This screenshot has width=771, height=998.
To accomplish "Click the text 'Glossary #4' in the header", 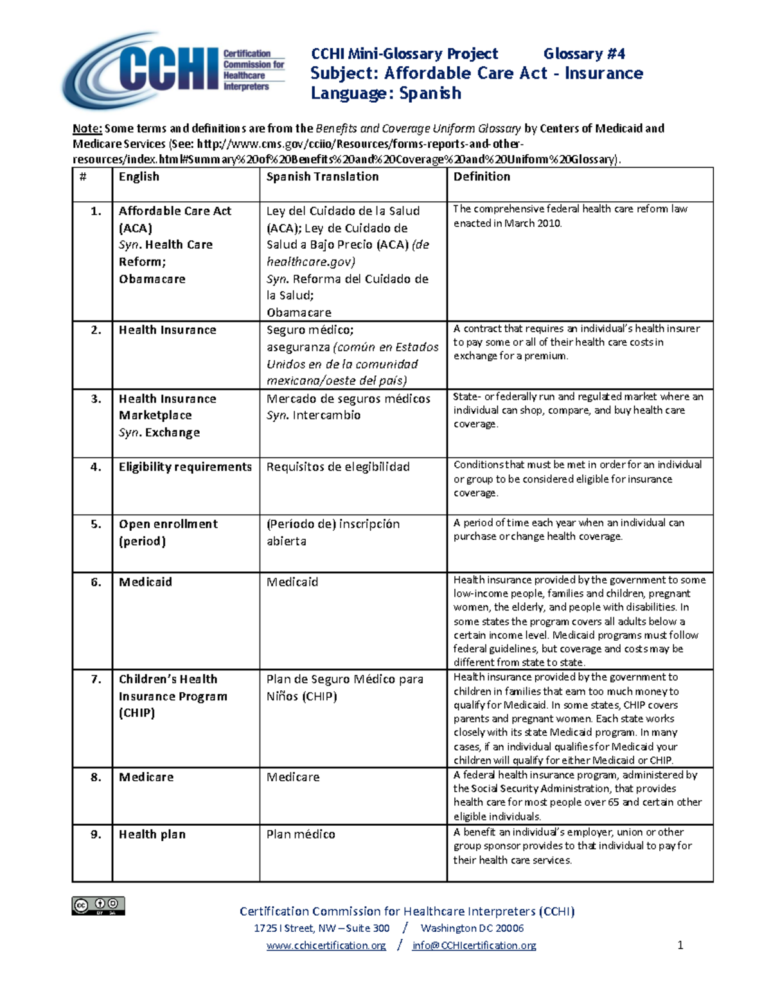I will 584,54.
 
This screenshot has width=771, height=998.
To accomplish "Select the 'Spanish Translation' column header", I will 323,177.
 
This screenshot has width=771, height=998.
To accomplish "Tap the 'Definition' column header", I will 482,177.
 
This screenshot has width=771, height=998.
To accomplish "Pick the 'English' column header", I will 139,177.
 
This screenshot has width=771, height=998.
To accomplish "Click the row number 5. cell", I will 96,524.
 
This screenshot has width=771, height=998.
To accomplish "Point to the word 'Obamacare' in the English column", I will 152,279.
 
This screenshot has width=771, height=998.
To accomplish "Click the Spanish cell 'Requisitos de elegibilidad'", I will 338,467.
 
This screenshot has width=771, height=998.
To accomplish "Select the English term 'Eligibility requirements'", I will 185,467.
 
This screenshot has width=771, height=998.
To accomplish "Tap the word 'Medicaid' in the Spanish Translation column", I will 292,582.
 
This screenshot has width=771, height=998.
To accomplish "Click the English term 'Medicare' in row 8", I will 146,777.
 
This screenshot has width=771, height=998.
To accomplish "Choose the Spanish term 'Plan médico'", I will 301,834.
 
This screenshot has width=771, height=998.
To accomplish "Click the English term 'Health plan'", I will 152,834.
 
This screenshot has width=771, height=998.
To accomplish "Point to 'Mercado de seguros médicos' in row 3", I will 348,398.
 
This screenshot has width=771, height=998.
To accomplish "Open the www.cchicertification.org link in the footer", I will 326,945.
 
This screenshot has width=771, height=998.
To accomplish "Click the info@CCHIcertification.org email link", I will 474,945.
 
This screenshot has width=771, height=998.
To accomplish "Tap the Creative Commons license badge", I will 98,905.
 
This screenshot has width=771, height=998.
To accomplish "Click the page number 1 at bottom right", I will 680,945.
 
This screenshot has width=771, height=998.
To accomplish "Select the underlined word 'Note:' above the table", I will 87,129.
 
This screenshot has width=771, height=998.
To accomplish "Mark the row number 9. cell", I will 96,834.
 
